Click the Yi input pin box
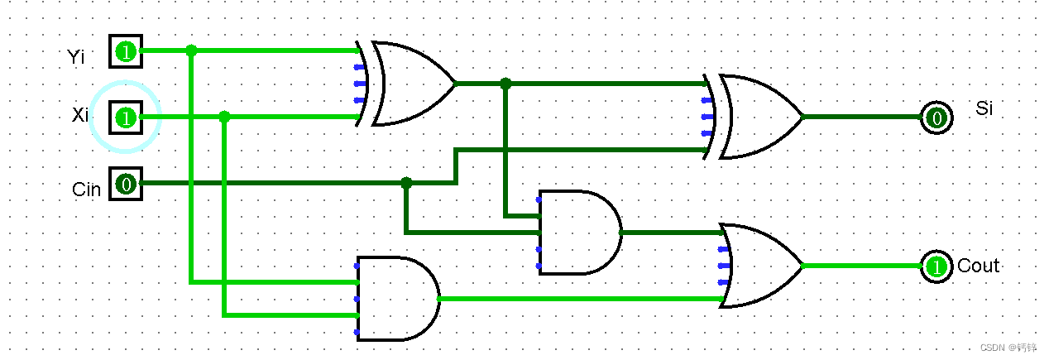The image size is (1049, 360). pos(125,51)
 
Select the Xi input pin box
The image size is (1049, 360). pos(125,118)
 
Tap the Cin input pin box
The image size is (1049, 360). pos(125,183)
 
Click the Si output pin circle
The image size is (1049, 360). pos(936,118)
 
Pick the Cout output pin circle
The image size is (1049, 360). pos(936,266)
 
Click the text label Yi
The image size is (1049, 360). pos(77,56)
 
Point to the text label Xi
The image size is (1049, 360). pos(79,115)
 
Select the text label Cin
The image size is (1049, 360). pos(86,190)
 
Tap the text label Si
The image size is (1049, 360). pos(984,108)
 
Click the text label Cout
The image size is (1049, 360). pos(979,266)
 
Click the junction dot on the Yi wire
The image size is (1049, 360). pos(191,50)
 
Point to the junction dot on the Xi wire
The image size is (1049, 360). pos(224,117)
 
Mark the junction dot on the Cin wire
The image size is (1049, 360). pos(406,183)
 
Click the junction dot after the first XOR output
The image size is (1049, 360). pos(505,84)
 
